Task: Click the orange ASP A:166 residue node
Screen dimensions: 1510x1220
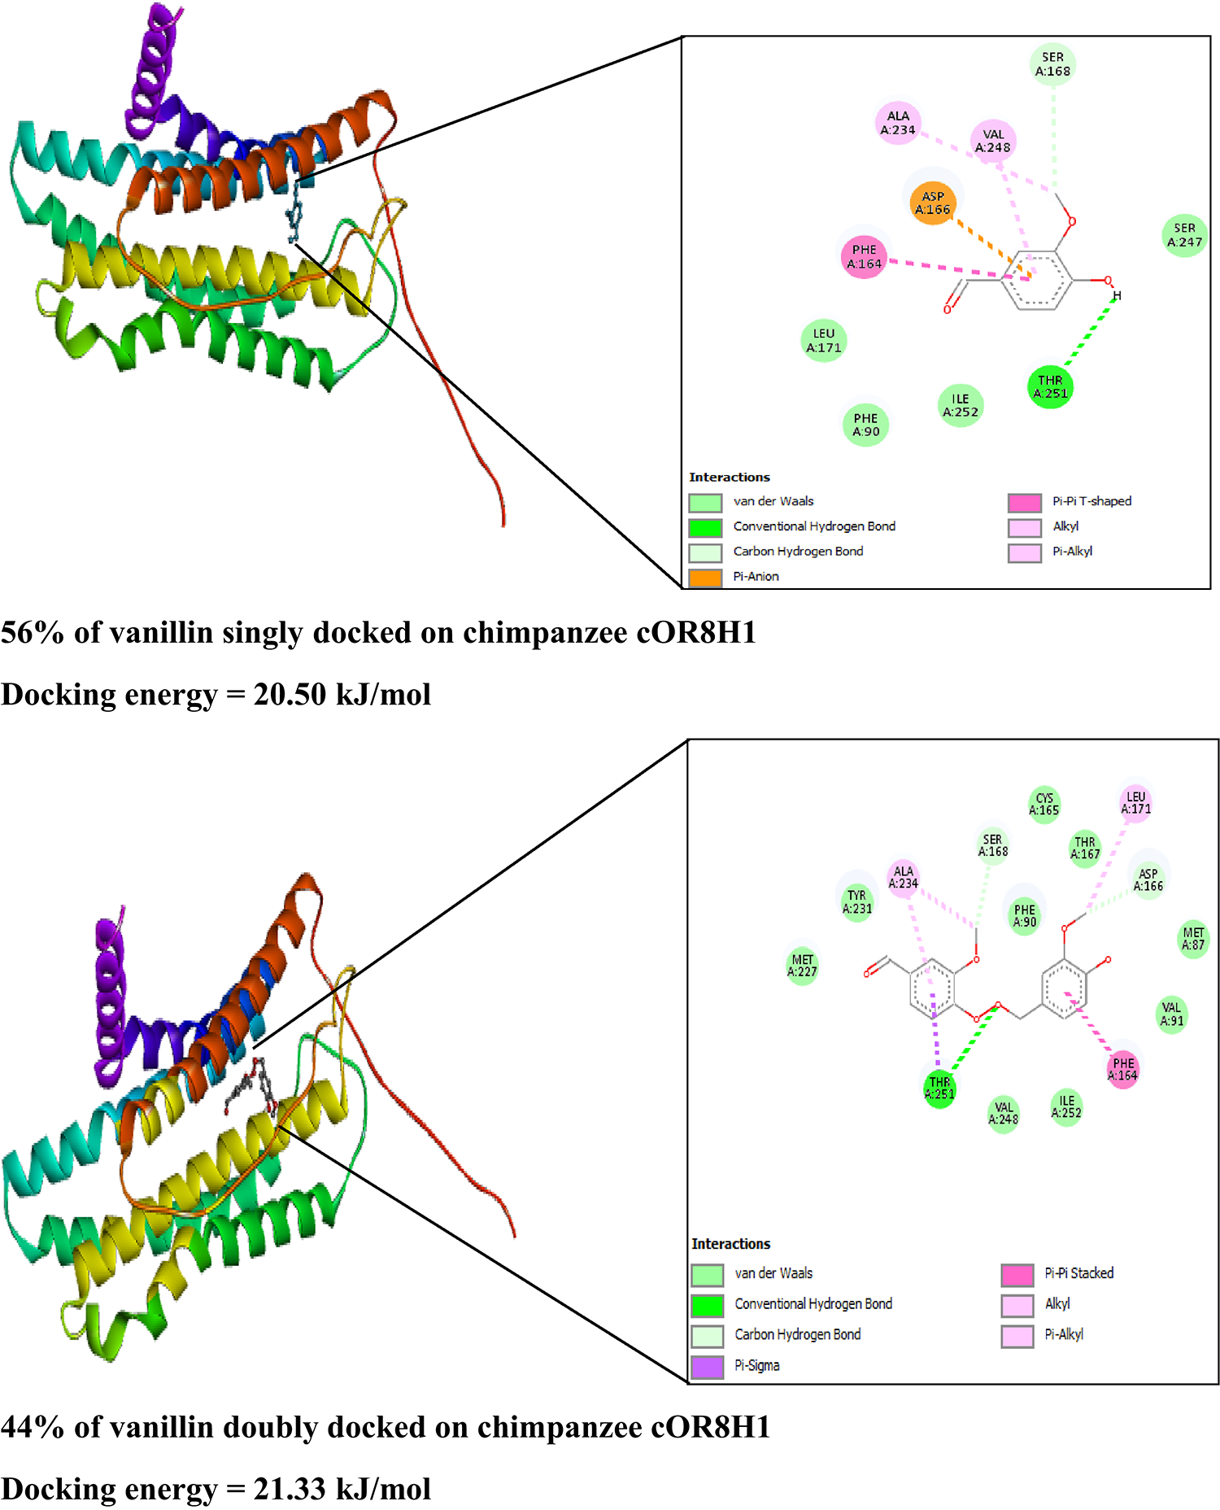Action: pyautogui.click(x=932, y=203)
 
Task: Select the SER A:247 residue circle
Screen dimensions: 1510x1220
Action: pyautogui.click(x=1184, y=235)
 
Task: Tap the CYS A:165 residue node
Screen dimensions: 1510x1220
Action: pyautogui.click(x=1044, y=804)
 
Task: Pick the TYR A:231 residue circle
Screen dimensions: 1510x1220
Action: pyautogui.click(x=856, y=901)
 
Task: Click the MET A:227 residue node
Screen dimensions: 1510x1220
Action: pyautogui.click(x=802, y=965)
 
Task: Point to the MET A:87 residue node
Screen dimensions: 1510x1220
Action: pyautogui.click(x=1193, y=938)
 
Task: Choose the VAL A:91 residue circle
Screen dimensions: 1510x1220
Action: pyautogui.click(x=1171, y=1014)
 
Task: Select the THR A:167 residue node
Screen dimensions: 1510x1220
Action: pyautogui.click(x=1084, y=848)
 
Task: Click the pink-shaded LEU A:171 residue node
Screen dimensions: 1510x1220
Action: pyautogui.click(x=1135, y=802)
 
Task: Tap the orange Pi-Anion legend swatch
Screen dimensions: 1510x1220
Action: pyautogui.click(x=705, y=577)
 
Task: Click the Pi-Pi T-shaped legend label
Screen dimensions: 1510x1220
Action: pyautogui.click(x=1091, y=501)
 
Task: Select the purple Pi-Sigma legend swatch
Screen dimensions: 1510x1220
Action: pyautogui.click(x=707, y=1366)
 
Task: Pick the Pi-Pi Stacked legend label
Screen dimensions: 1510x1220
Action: pyautogui.click(x=1078, y=1273)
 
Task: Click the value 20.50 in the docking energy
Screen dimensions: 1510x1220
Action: pyautogui.click(x=290, y=694)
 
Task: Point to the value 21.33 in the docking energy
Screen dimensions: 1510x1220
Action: pyautogui.click(x=290, y=1489)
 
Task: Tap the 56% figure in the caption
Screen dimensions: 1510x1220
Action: pyautogui.click(x=33, y=632)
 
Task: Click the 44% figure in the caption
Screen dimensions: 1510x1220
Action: pyautogui.click(x=33, y=1427)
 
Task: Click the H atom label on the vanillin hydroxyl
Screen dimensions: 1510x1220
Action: pyautogui.click(x=1117, y=296)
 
